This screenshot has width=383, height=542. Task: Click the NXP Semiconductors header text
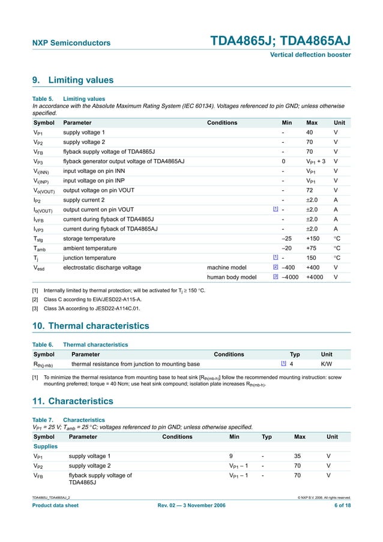71,43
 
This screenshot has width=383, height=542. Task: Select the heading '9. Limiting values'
72,80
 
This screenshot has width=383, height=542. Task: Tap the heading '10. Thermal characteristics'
90,326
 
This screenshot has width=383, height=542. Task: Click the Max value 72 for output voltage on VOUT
310,190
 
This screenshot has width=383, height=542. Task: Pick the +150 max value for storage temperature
313,238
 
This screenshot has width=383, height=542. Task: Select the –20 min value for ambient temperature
287,248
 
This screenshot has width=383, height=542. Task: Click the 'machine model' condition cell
226,267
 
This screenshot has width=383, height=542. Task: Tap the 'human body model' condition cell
232,277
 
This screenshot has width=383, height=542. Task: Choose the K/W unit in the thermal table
327,364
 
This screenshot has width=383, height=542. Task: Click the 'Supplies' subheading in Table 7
45,447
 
